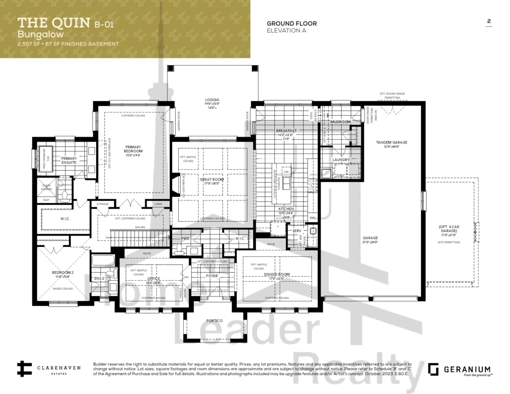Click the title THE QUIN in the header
coord(53,22)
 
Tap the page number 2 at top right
coord(489,21)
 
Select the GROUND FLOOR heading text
coord(291,23)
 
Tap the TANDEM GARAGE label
coord(392,143)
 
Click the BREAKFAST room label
coord(286,130)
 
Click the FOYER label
coord(211,276)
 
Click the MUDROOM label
coord(341,122)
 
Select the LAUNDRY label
coord(341,160)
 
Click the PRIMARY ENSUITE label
coord(69,160)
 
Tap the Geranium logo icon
coord(433,369)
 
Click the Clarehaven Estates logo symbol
coord(24,369)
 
